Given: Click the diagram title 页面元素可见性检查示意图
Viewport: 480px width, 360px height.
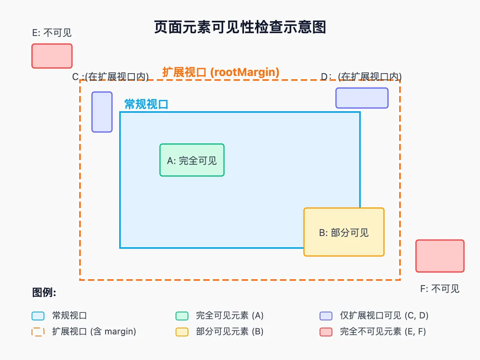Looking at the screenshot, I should click(240, 27).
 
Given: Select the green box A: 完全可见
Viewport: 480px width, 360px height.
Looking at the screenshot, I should click(192, 160).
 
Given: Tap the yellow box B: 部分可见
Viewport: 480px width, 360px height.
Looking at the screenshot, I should click(344, 232).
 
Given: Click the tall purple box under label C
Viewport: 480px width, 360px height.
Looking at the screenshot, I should click(102, 112).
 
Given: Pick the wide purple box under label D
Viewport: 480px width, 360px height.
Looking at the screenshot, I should click(362, 98).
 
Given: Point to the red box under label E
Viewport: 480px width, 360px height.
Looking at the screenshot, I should click(52, 56).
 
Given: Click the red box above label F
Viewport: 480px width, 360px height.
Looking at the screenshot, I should click(440, 256).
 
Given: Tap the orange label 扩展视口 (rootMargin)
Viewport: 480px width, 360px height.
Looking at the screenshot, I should click(221, 72).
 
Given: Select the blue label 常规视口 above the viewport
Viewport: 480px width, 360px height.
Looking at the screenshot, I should click(146, 104).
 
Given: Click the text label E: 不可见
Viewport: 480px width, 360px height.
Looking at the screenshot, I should click(52, 33).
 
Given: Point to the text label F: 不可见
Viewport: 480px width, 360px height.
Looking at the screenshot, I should click(440, 289).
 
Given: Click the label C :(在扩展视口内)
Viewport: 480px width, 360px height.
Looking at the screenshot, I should click(110, 77).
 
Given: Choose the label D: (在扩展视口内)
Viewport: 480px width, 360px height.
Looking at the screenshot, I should click(362, 77).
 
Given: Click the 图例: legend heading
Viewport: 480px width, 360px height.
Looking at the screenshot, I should click(44, 293).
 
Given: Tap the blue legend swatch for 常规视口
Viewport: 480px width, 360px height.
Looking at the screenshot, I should click(38, 316).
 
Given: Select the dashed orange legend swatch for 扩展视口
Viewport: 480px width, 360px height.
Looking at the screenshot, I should click(38, 332).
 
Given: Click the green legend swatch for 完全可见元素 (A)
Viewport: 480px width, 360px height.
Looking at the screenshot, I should click(182, 316).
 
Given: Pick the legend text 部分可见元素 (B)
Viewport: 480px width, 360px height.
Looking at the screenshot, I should click(230, 332).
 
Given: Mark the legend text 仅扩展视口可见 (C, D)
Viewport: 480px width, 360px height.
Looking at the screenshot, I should click(384, 316).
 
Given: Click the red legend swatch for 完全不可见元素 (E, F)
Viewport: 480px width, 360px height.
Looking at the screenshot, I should click(326, 332).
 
